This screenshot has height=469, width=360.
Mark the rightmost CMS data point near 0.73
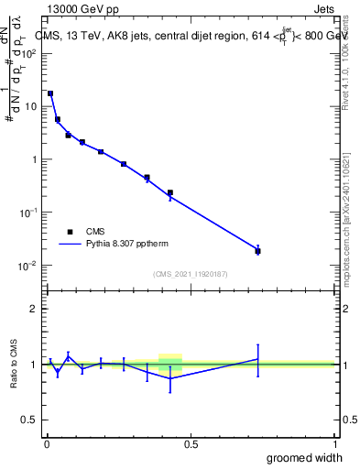click(x=257, y=251)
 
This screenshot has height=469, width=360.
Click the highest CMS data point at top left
click(x=50, y=93)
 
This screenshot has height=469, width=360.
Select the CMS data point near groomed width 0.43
click(x=170, y=193)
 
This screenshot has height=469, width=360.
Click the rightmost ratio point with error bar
click(x=257, y=359)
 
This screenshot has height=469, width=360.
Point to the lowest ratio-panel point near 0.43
click(x=170, y=378)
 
